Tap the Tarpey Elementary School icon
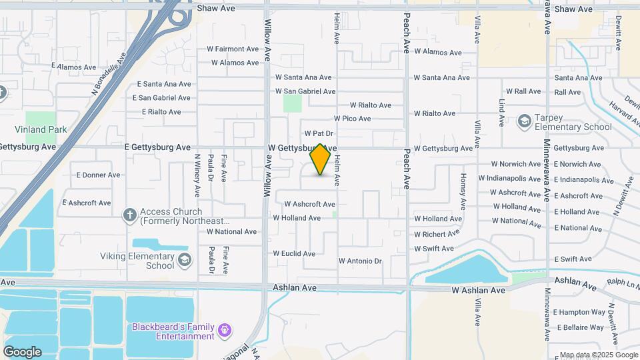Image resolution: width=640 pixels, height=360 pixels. pos(524,121)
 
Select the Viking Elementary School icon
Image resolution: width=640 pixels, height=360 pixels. pos(184,259)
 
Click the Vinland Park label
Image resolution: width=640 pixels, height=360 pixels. pos(37,129)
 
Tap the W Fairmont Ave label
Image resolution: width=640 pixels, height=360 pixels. pos(233,49)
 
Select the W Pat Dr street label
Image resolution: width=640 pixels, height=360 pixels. pos(319,134)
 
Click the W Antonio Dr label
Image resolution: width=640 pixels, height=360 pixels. pos(360,261)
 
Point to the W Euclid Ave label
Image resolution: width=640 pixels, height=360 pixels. pos(294,253)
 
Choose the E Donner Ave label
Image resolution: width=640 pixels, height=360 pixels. pos(98,175)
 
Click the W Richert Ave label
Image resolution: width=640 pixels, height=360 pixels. pos(437,234)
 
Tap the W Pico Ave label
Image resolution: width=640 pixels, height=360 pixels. pos(352,119)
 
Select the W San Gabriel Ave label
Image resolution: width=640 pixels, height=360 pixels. pos(305,91)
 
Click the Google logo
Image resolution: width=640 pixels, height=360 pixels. pos(22,351)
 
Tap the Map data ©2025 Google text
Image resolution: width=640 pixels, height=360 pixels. pos(599,355)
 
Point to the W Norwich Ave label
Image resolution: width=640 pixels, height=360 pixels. pos(516,164)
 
